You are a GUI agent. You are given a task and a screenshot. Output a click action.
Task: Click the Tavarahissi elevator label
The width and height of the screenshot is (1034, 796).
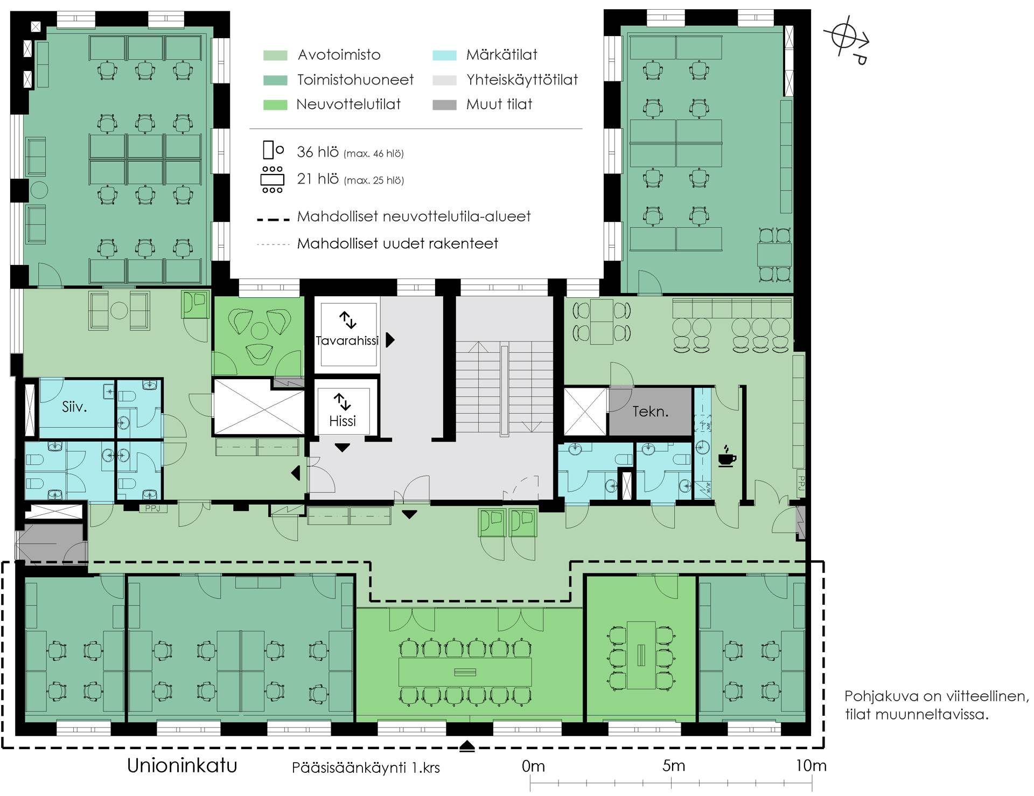[x=347, y=340]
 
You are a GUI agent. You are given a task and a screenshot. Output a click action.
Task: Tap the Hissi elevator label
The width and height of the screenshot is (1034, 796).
[x=343, y=421]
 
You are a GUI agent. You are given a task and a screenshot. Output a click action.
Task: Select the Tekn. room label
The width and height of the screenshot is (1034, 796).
[x=650, y=411]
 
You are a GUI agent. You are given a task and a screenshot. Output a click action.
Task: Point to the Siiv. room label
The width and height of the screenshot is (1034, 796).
[x=74, y=407]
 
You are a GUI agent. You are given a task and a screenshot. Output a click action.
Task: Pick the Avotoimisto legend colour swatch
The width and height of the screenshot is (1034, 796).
[x=275, y=55]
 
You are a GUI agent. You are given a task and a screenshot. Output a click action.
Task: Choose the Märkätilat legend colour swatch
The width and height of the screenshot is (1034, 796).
[x=444, y=55]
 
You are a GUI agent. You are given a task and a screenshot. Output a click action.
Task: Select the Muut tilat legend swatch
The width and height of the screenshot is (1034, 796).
[x=444, y=104]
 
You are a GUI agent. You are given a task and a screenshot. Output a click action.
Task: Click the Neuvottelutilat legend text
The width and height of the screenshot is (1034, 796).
[x=348, y=104]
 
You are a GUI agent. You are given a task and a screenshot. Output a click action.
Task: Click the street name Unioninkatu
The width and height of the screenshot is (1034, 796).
[x=182, y=765]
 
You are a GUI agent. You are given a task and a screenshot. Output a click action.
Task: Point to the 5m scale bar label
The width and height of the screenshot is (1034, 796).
[x=674, y=765]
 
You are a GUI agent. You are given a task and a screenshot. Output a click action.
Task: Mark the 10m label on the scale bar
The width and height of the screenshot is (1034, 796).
[x=811, y=765]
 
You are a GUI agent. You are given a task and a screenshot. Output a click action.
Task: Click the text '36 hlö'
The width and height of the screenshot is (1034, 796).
[x=318, y=152]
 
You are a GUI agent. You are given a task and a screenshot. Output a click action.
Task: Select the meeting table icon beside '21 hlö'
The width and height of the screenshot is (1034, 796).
[x=273, y=179]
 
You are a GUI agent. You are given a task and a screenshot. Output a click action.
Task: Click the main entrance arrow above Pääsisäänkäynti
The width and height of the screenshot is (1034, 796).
[x=467, y=746]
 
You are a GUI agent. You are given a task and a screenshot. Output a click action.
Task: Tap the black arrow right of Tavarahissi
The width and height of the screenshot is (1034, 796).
[x=390, y=340]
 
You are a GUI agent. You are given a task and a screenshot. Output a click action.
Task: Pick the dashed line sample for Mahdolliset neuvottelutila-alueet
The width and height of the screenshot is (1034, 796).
[x=274, y=219]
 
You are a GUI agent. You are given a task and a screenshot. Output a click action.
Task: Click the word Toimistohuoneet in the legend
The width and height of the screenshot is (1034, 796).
[x=355, y=80]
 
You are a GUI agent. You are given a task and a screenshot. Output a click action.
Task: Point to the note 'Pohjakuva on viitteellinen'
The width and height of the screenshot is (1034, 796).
[x=937, y=696]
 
